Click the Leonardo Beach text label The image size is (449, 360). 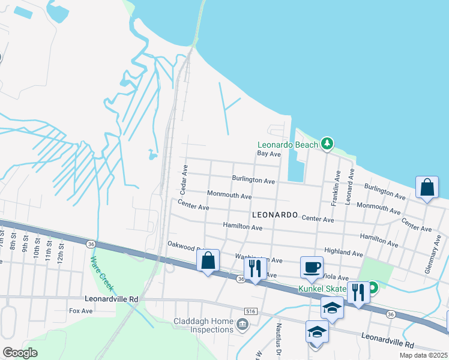[x=288, y=145]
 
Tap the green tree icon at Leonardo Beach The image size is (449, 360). [x=327, y=143]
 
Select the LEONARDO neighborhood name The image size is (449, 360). [x=275, y=214]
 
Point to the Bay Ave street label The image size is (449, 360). [x=269, y=154]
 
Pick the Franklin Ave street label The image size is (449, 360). [x=336, y=188]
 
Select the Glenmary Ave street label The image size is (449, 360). [x=429, y=257]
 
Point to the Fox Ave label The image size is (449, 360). [x=80, y=311]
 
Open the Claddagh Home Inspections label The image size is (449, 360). [x=203, y=325]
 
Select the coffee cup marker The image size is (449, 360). [x=312, y=268]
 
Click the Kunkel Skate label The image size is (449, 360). [x=322, y=289]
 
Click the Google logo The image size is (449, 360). [x=20, y=353]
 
